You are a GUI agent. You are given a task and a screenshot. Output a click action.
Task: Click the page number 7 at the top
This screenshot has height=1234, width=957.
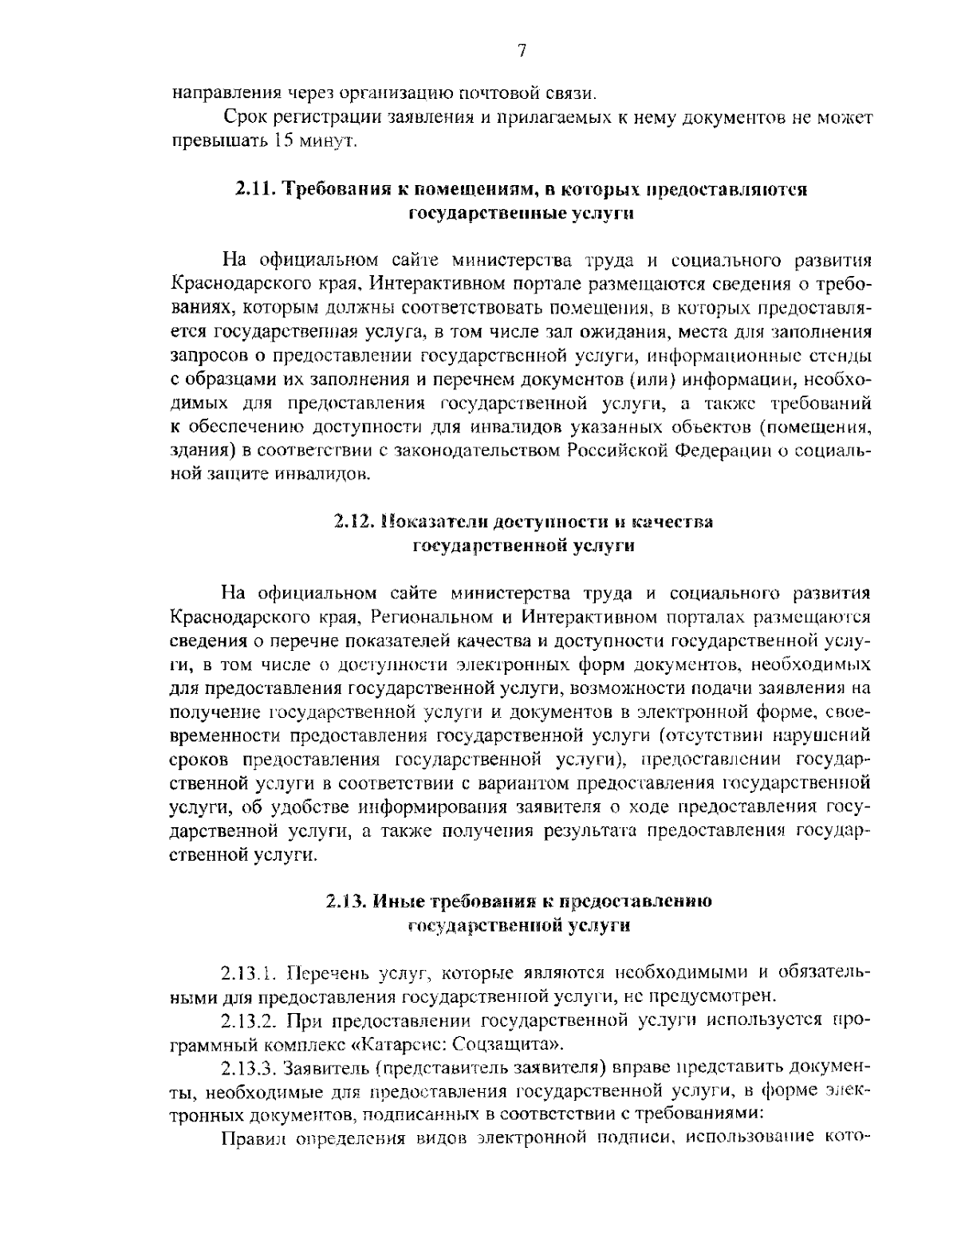coord(522,51)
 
